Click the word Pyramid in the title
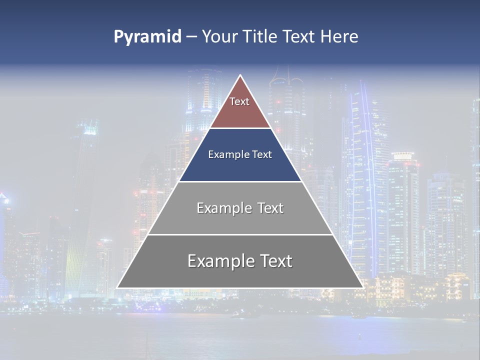point(147,37)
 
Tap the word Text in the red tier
point(239,101)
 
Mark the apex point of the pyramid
point(240,75)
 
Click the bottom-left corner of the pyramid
point(117,287)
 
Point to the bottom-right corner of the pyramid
point(363,287)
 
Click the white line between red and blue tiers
point(240,128)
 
